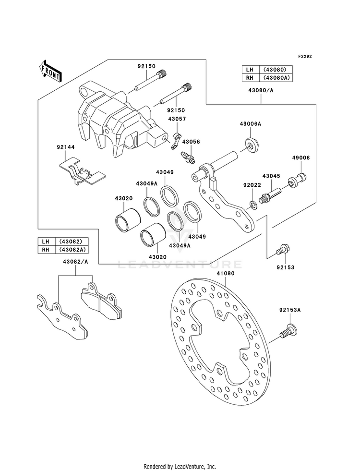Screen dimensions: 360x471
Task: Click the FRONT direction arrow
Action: click(x=50, y=71)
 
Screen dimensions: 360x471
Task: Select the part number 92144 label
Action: click(x=66, y=147)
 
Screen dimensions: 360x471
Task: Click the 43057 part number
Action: click(x=177, y=119)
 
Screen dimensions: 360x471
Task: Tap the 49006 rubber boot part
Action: click(x=296, y=180)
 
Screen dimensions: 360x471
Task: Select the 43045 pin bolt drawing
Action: click(x=271, y=194)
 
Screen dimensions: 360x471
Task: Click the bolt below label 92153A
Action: click(x=288, y=332)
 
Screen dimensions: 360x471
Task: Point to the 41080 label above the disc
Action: click(x=226, y=273)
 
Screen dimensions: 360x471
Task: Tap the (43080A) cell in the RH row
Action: click(x=277, y=77)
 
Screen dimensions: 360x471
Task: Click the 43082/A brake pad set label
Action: click(x=75, y=262)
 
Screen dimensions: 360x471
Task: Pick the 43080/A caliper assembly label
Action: click(x=261, y=90)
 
